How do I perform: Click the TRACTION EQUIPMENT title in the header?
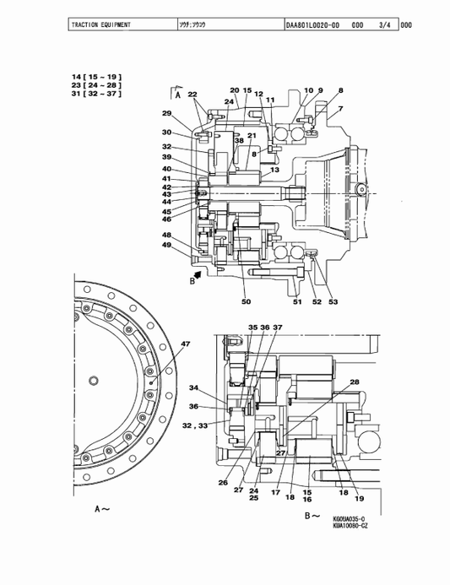pyautogui.click(x=101, y=25)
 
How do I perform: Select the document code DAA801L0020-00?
pyautogui.click(x=313, y=25)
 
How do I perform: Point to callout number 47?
pyautogui.click(x=185, y=344)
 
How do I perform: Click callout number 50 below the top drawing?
pyautogui.click(x=246, y=301)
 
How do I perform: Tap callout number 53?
pyautogui.click(x=332, y=301)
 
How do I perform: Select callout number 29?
pyautogui.click(x=167, y=114)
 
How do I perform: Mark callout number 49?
pyautogui.click(x=167, y=246)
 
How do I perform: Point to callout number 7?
pyautogui.click(x=340, y=109)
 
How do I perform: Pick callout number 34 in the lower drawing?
pyautogui.click(x=193, y=388)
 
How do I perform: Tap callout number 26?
pyautogui.click(x=223, y=483)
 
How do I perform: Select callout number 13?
pyautogui.click(x=275, y=170)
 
